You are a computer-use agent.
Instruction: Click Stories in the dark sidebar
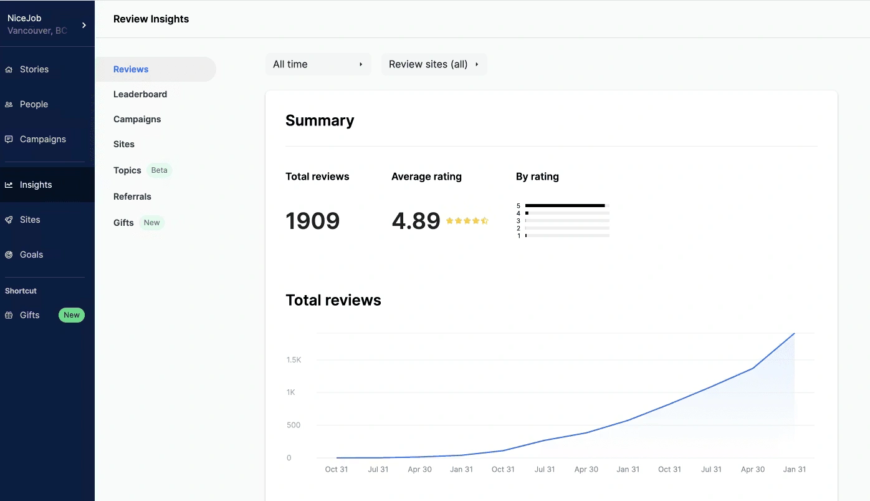pyautogui.click(x=34, y=69)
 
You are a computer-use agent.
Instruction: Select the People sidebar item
pyautogui.click(x=34, y=104)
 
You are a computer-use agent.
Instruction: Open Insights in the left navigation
pyautogui.click(x=36, y=185)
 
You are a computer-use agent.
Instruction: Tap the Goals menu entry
pyautogui.click(x=31, y=255)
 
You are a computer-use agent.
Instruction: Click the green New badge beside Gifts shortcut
pyautogui.click(x=72, y=315)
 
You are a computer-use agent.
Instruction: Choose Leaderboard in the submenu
pyautogui.click(x=140, y=94)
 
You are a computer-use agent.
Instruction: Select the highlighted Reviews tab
pyautogui.click(x=131, y=69)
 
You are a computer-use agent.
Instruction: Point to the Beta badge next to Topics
pyautogui.click(x=160, y=170)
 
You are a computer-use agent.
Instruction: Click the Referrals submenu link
pyautogui.click(x=132, y=197)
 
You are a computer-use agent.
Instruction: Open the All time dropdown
pyautogui.click(x=318, y=64)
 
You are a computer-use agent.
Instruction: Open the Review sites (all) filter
pyautogui.click(x=434, y=64)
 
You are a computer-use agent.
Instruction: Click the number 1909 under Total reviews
pyautogui.click(x=312, y=221)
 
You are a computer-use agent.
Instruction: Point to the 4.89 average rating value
pyautogui.click(x=416, y=221)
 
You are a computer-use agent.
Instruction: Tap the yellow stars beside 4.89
pyautogui.click(x=467, y=221)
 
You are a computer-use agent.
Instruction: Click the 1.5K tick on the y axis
pyautogui.click(x=294, y=360)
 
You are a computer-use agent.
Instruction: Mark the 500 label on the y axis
pyautogui.click(x=293, y=425)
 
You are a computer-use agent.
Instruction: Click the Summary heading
pyautogui.click(x=320, y=120)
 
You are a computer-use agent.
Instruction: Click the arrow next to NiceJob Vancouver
pyautogui.click(x=84, y=25)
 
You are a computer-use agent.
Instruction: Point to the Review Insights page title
pyautogui.click(x=151, y=19)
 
